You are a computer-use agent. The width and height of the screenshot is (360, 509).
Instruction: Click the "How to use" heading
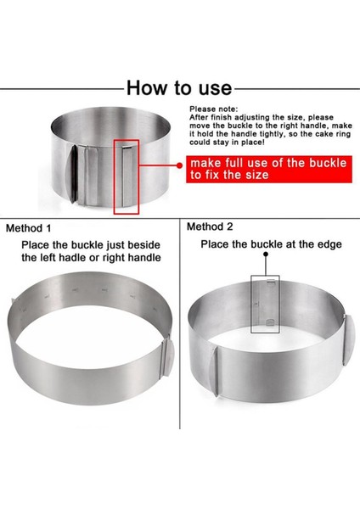click(179, 87)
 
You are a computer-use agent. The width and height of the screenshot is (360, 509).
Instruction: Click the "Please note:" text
click(213, 109)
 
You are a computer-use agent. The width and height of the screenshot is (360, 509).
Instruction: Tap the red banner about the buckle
click(268, 169)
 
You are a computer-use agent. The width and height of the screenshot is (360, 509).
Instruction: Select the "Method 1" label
click(29, 228)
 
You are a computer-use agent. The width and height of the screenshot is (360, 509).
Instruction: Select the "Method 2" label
click(210, 227)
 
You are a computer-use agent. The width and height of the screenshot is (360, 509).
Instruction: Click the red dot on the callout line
click(179, 165)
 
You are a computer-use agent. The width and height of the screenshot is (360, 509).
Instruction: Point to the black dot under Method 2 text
click(266, 254)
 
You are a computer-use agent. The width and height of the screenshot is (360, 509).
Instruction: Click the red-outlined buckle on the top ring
click(127, 177)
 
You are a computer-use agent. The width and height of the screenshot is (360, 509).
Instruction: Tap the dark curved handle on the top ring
click(73, 174)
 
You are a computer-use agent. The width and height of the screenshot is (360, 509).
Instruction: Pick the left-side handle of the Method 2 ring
click(213, 371)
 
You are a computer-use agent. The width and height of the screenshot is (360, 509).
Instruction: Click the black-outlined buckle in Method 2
click(265, 305)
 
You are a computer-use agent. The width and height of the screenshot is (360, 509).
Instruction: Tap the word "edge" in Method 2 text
click(330, 245)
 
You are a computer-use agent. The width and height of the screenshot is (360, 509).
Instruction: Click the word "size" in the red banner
click(256, 176)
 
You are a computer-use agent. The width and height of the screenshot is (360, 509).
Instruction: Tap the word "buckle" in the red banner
click(328, 163)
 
